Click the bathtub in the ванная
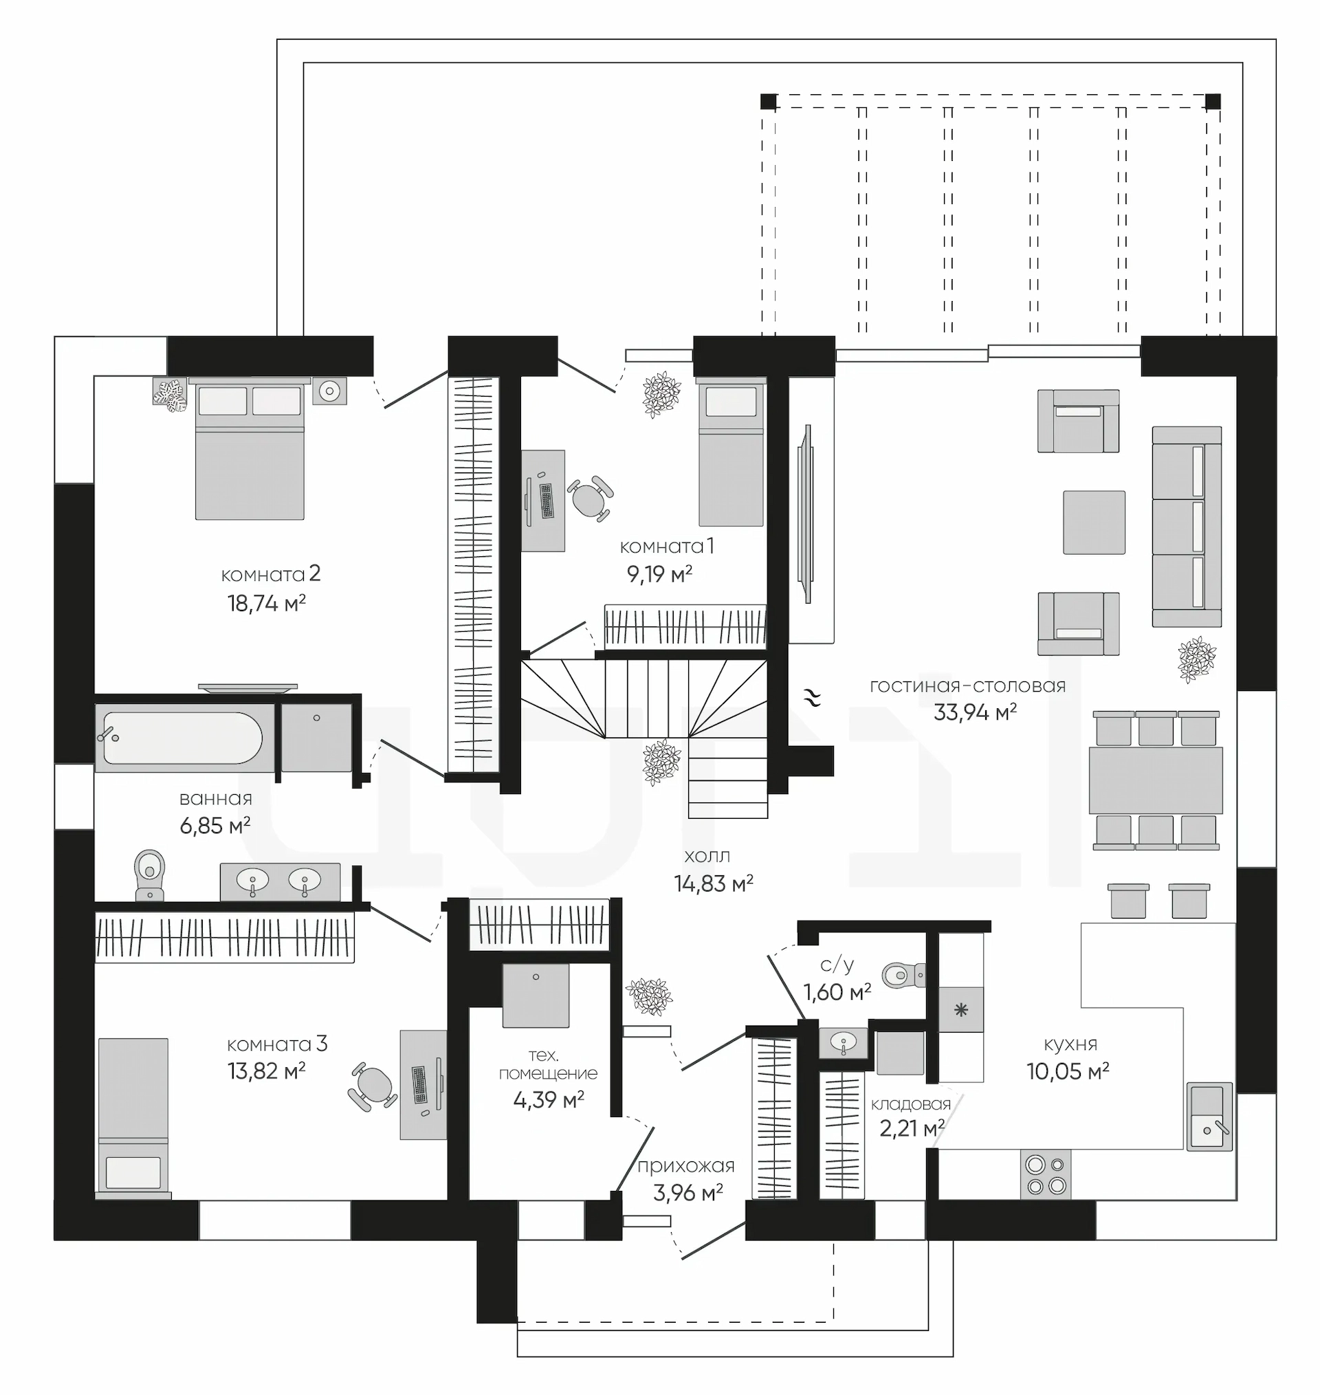pos(183,738)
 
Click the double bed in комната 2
pos(250,449)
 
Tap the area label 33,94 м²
pos(976,712)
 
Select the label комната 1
pos(666,547)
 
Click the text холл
pos(707,856)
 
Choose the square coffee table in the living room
pos(1094,523)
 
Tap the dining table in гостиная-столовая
pos(1156,780)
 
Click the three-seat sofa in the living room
pos(1187,526)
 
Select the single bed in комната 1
pos(731,452)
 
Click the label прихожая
pos(686,1166)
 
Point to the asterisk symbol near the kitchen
pos(961,1011)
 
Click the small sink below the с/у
pos(843,1041)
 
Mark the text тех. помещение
pos(548,1064)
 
